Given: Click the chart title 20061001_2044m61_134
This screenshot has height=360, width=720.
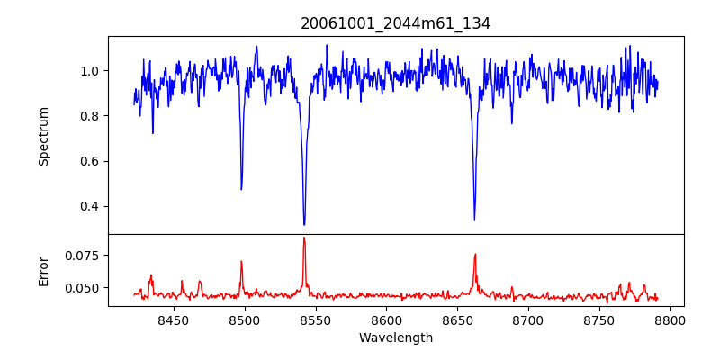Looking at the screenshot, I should tap(395, 23).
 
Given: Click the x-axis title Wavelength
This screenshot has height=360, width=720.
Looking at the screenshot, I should tap(395, 337).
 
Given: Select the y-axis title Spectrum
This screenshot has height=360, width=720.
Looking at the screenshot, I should tap(43, 136).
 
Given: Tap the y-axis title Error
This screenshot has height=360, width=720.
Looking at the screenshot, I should tap(43, 270).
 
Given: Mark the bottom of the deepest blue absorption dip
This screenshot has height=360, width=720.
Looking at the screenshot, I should tap(304, 224).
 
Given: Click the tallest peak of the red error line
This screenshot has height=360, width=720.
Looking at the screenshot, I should tap(304, 238).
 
